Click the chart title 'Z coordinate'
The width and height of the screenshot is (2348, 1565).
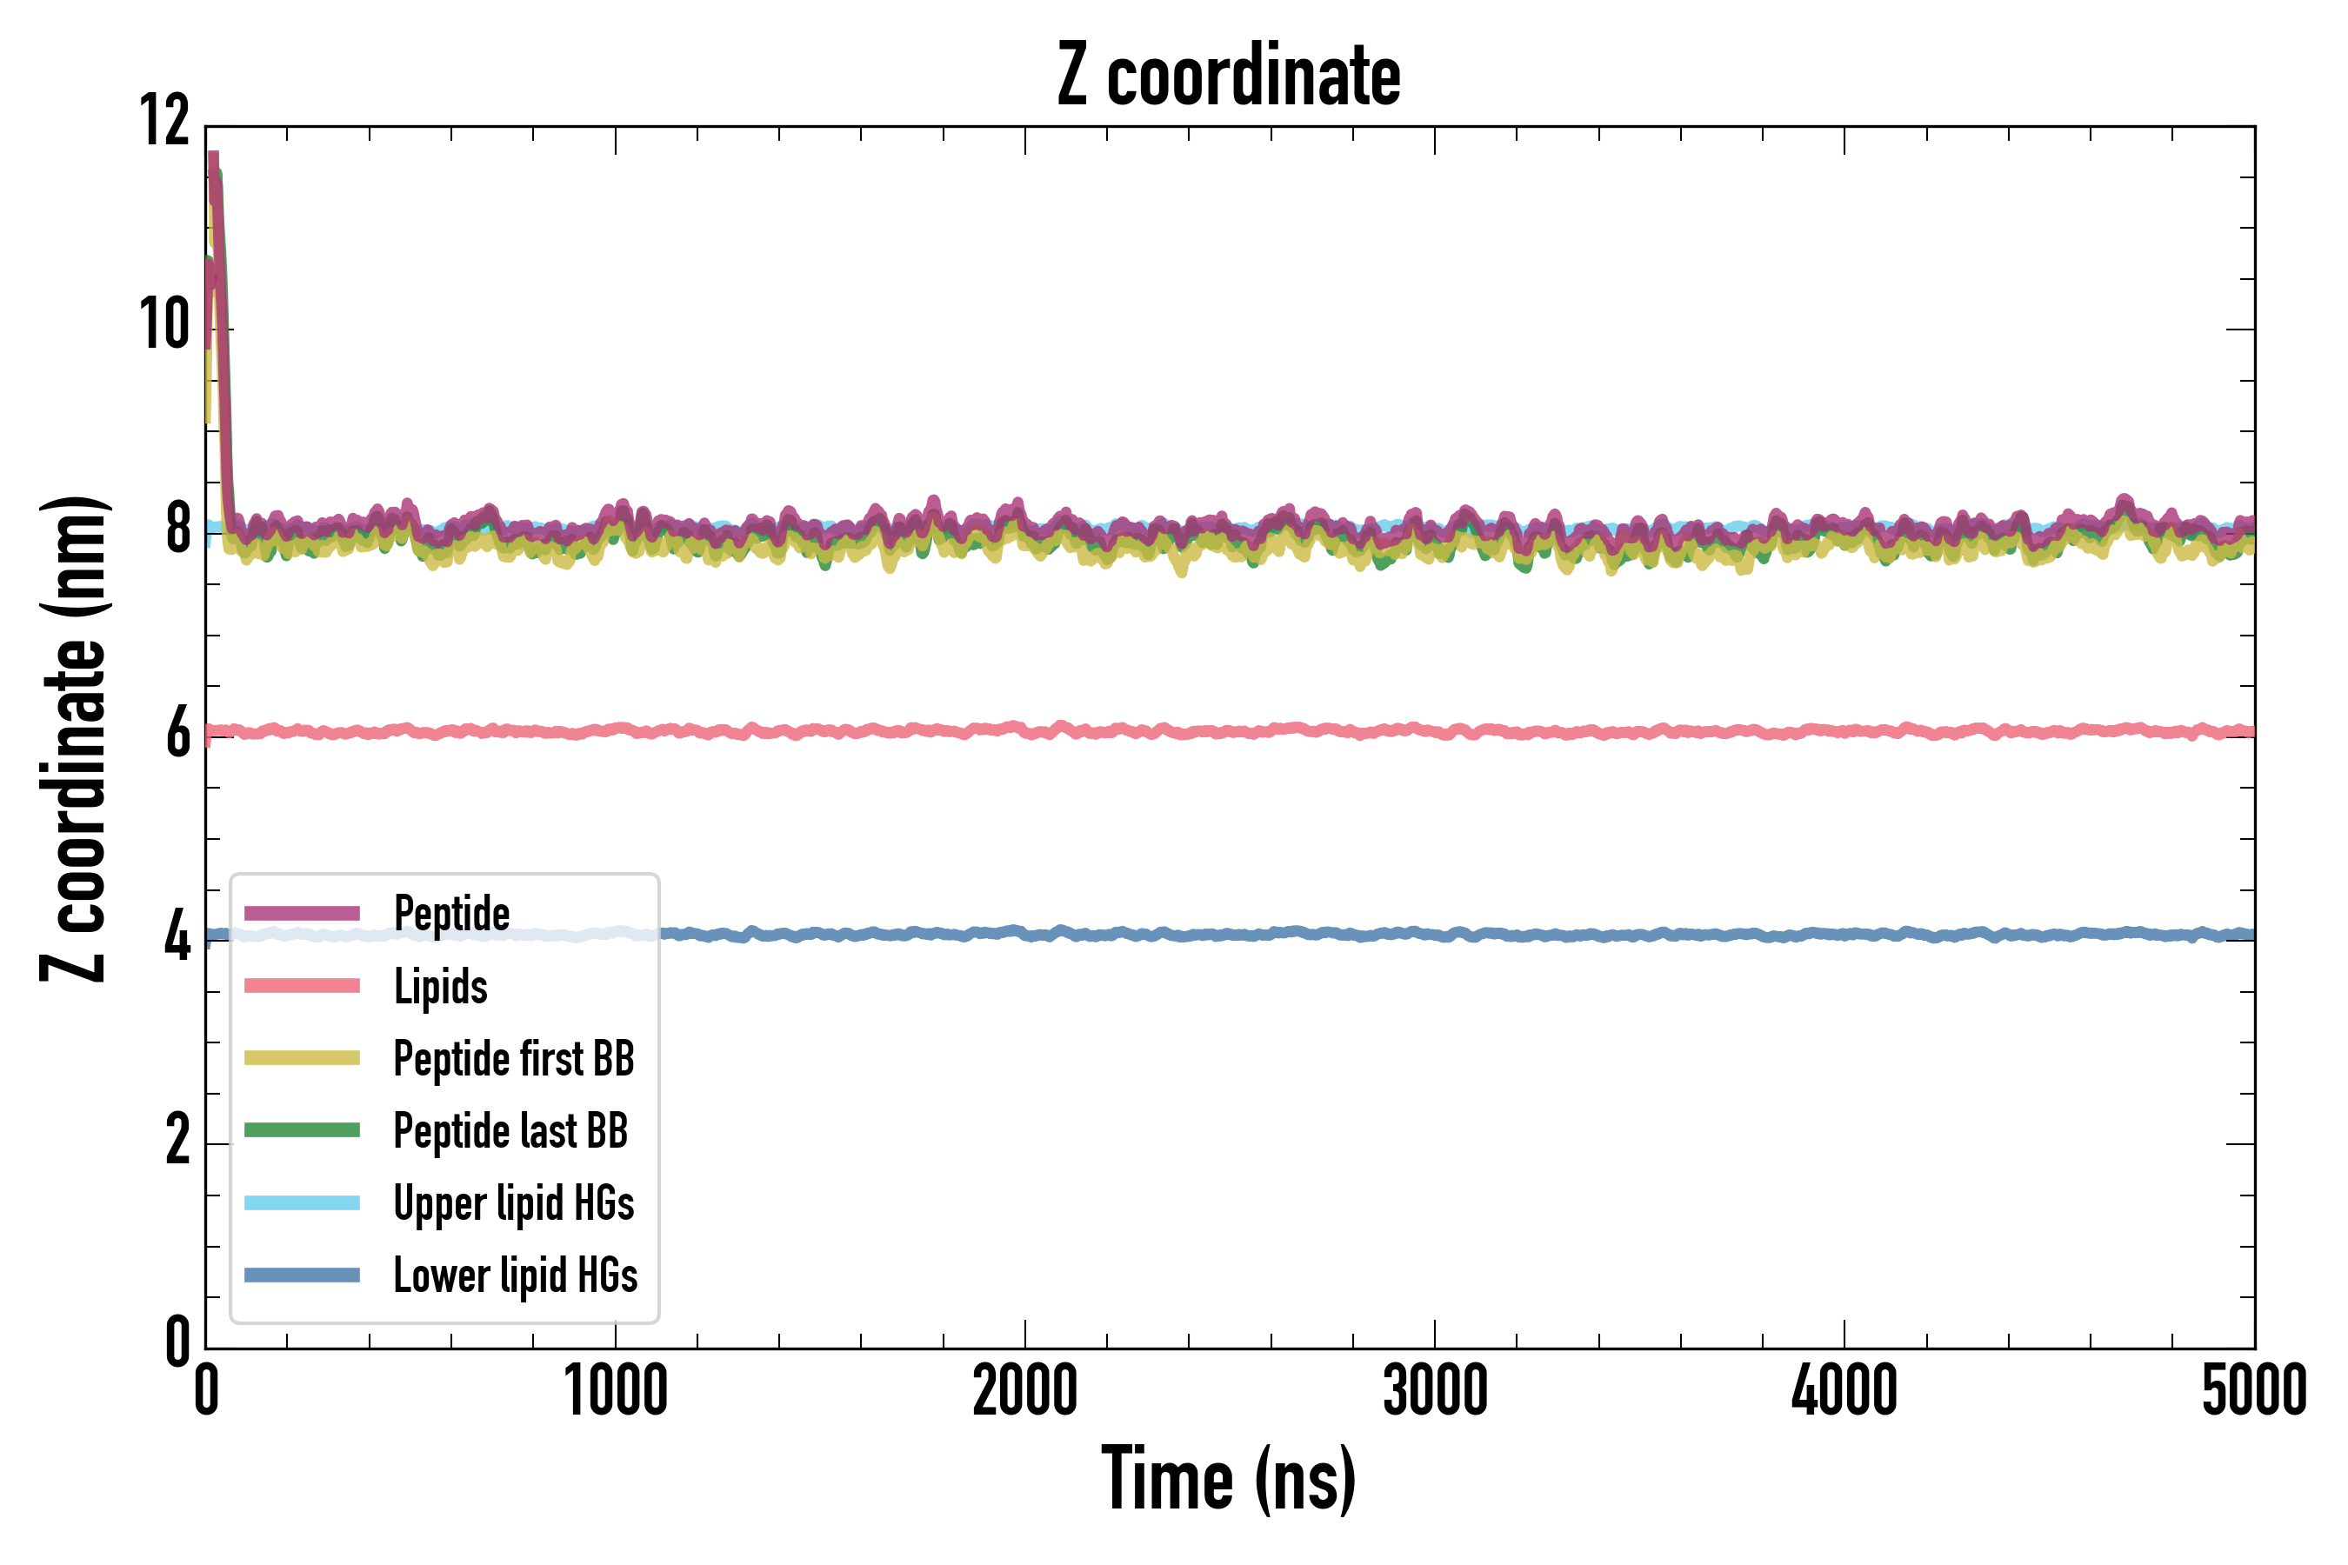tap(1229, 76)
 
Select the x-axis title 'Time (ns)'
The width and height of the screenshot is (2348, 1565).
tap(1229, 1479)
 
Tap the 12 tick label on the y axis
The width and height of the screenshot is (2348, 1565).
tap(164, 122)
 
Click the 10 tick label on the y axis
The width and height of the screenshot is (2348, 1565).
tap(164, 325)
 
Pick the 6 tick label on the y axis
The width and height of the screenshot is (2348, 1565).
tap(177, 734)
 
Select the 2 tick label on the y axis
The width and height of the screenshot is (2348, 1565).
tap(177, 1141)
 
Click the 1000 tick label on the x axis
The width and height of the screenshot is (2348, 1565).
tap(616, 1390)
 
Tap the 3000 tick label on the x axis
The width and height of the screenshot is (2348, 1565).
tap(1435, 1390)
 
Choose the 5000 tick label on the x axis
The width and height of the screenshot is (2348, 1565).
tap(2253, 1390)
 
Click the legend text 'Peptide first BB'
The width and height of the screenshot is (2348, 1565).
tap(513, 1059)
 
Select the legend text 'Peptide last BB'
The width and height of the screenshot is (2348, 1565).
tap(510, 1131)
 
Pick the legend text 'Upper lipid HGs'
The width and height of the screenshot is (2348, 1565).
tap(513, 1203)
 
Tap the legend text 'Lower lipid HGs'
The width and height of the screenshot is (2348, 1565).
tap(515, 1275)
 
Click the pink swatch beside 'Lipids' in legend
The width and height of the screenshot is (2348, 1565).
tap(302, 986)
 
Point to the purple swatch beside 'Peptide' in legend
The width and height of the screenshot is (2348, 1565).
tap(302, 913)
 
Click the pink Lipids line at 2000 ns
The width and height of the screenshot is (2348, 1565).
tap(1025, 730)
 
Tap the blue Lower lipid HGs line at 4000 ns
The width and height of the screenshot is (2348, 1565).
tap(1844, 934)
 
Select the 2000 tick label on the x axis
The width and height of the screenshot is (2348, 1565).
tap(1025, 1390)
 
